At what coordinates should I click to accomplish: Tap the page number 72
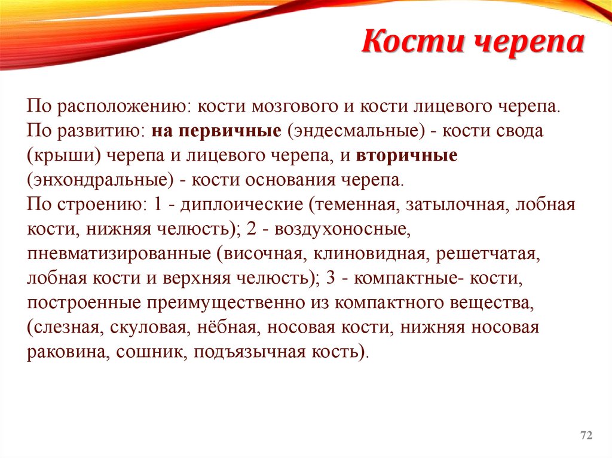tap(586, 437)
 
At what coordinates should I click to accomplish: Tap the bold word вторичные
tap(408, 156)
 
